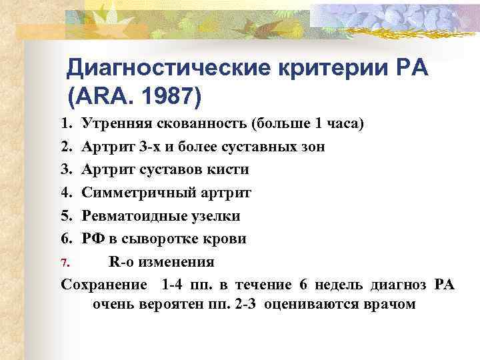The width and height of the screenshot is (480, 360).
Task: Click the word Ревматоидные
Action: (x=134, y=216)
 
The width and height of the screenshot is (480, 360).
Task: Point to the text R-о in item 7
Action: (x=121, y=262)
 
